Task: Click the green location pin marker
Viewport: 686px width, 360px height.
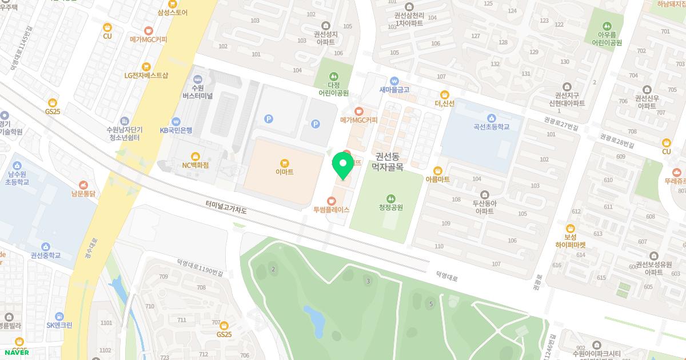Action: point(343,165)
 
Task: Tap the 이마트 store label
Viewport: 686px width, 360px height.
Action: point(284,171)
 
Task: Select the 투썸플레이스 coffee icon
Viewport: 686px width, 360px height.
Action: point(332,201)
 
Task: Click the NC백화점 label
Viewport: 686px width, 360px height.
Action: point(196,165)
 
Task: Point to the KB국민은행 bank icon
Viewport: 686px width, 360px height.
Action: point(176,121)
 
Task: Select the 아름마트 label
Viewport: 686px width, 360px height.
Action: point(438,179)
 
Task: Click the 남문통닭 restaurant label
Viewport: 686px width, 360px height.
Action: point(83,194)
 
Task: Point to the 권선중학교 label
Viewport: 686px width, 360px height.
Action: point(46,255)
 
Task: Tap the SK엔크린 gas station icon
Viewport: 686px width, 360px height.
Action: point(59,315)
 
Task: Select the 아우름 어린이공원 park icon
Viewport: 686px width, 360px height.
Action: point(607,26)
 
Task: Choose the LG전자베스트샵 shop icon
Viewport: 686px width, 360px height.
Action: point(146,66)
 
